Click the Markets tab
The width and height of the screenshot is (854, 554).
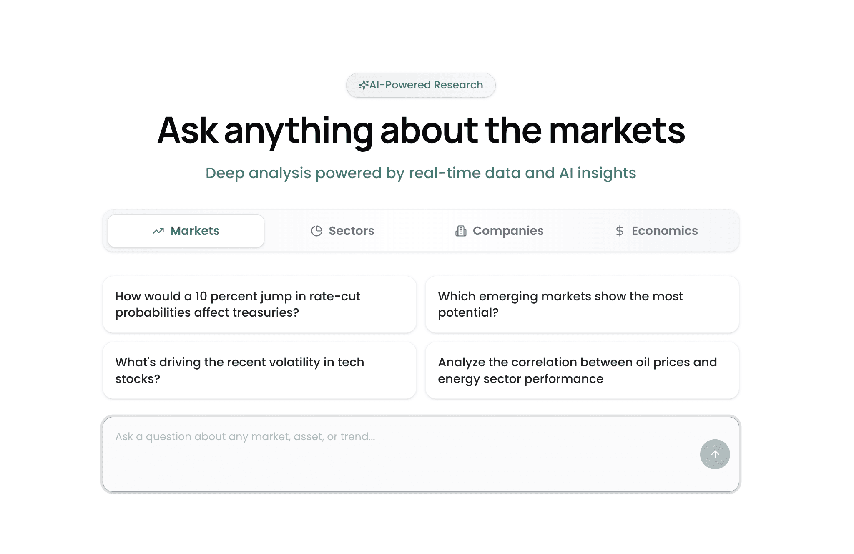click(186, 231)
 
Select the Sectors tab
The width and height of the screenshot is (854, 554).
click(343, 231)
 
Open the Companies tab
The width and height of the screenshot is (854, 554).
click(500, 231)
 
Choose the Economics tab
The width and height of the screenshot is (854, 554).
click(656, 231)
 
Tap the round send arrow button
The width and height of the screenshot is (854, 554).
click(715, 454)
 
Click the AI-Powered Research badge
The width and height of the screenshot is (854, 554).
click(421, 85)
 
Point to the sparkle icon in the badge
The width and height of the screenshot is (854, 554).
click(364, 85)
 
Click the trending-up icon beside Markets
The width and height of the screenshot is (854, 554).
click(158, 231)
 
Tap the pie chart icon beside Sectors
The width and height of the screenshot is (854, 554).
click(316, 231)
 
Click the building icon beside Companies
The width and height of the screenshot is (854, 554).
click(461, 231)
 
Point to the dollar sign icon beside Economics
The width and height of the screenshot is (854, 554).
click(620, 231)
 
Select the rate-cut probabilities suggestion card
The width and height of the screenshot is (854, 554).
click(259, 304)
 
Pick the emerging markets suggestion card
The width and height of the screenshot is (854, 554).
click(582, 304)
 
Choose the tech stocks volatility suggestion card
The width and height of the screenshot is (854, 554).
click(259, 370)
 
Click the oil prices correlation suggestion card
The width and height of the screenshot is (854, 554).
click(582, 370)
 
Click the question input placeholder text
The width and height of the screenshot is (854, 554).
click(245, 437)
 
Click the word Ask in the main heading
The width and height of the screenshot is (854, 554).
click(187, 131)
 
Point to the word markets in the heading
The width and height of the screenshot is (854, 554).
click(617, 131)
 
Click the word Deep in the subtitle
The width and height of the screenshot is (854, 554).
click(224, 173)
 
